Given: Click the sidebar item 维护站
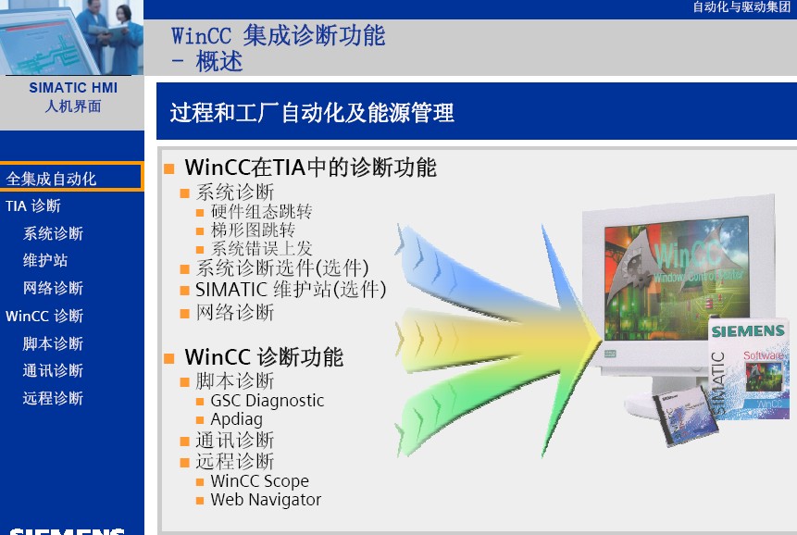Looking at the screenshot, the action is pos(45,261).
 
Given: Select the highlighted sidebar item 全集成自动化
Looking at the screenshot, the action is pos(51,179).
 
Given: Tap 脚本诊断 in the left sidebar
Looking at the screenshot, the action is pos(53,344).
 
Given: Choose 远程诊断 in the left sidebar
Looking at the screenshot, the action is pos(53,398).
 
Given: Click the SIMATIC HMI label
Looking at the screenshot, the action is pos(73,88).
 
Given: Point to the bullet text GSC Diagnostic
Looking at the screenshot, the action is pos(267,401).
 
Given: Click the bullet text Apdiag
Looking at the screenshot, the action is pos(236,419).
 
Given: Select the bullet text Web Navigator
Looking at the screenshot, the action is pos(266,500).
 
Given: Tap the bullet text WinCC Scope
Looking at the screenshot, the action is pos(260,480).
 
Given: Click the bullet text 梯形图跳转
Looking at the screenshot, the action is pos(253,230).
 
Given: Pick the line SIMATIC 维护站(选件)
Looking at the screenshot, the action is pos(291,290).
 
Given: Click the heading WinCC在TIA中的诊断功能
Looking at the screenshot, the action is pos(311,168).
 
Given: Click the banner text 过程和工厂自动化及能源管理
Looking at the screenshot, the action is pos(312,112).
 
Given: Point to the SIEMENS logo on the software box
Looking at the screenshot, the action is pos(748,331).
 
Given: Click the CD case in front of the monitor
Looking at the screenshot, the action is pos(685,417).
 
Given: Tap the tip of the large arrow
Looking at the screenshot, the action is pos(602,340).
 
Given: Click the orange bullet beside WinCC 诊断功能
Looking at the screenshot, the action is pos(169,358).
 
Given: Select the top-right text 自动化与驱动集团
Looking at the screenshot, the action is pos(741,7).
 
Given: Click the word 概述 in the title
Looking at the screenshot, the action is pos(219,62).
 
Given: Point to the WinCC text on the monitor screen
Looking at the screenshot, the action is pos(687,255).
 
